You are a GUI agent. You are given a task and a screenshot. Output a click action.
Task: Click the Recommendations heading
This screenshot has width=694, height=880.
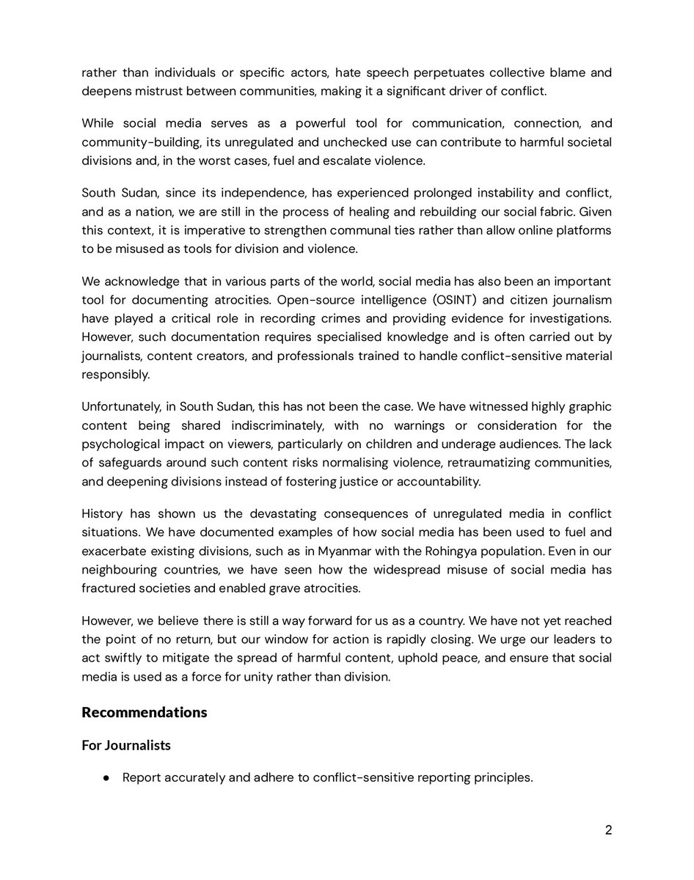tap(144, 712)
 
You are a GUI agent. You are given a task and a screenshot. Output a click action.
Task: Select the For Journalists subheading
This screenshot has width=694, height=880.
tap(125, 745)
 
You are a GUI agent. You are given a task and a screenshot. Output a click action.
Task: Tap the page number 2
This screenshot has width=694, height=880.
tap(608, 830)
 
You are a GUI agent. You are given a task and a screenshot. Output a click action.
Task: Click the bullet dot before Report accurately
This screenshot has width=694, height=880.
tap(107, 778)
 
